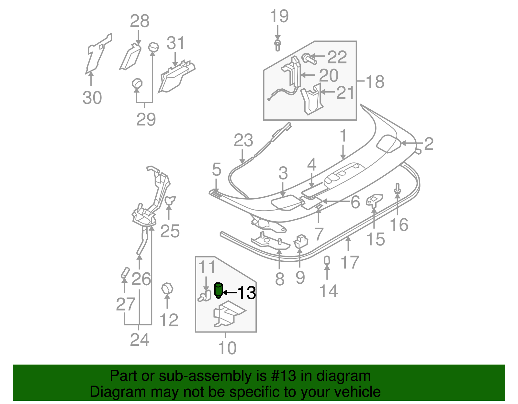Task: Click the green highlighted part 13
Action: (x=219, y=290)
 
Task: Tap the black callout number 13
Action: (x=247, y=293)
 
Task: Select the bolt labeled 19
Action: (x=277, y=45)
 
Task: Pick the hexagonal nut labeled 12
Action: (x=167, y=288)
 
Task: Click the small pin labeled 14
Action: (x=327, y=260)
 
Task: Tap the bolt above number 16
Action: (x=398, y=189)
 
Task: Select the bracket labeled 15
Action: (x=374, y=200)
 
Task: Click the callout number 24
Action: (x=140, y=340)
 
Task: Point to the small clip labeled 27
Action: (x=125, y=272)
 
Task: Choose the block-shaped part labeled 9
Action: (x=301, y=242)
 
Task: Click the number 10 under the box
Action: (x=227, y=348)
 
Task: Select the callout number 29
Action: (x=146, y=119)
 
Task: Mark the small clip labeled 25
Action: (x=170, y=200)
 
